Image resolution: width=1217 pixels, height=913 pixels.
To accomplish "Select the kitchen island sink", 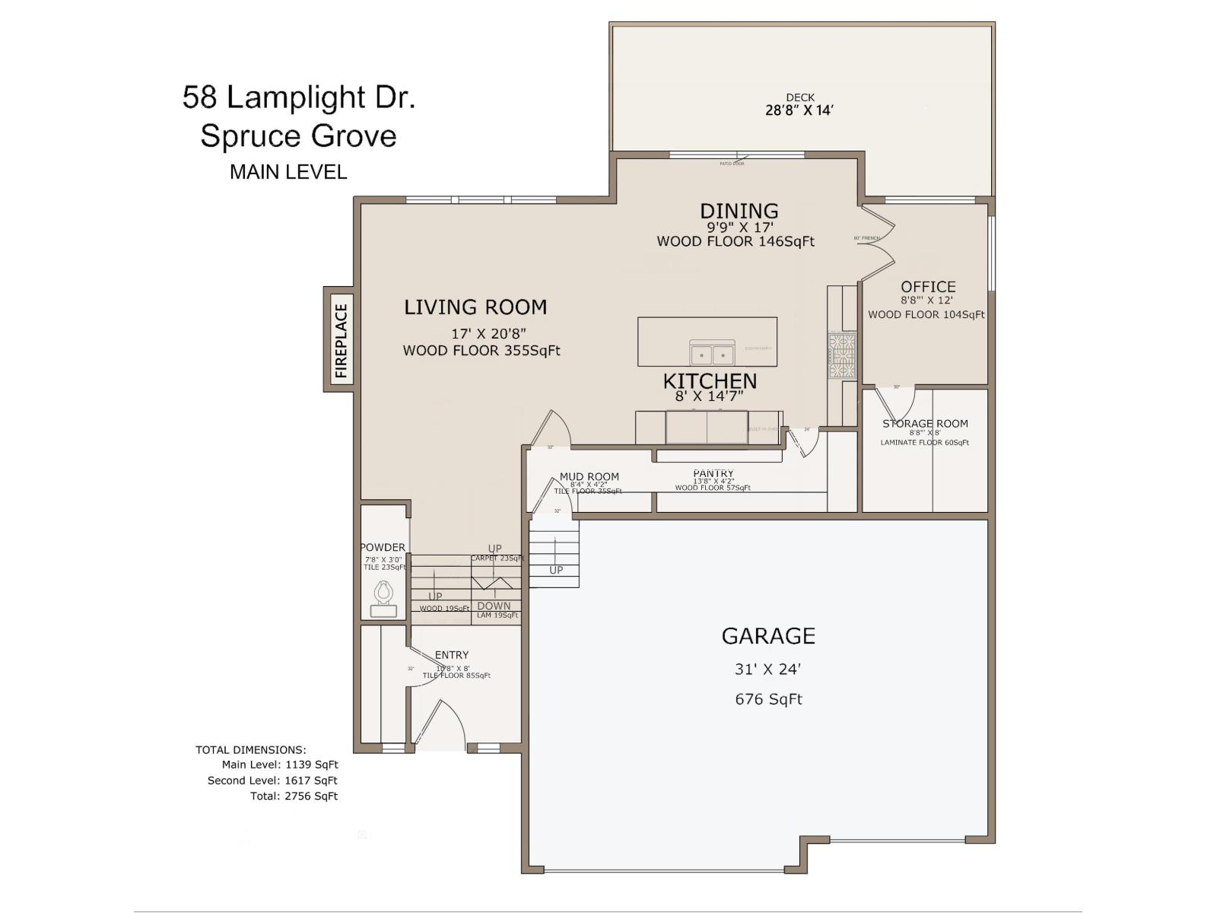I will point(712,354).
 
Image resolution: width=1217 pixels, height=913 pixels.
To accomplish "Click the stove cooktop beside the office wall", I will point(842,355).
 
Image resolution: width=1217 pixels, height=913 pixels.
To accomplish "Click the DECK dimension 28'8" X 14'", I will point(799,110).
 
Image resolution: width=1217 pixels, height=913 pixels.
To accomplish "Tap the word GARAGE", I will point(767,635).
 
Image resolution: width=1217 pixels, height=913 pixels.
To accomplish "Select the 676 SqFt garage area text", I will point(767,699).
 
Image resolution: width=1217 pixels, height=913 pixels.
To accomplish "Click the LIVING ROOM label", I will point(475,307).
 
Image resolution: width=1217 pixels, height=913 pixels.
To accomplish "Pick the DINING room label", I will point(739,211).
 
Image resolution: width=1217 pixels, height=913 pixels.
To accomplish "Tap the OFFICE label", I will point(928,287).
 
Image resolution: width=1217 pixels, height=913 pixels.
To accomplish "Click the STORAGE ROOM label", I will point(925,424).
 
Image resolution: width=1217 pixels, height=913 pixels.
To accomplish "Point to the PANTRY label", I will point(713,473).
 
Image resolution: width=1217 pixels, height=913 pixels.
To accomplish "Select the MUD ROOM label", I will point(589,477).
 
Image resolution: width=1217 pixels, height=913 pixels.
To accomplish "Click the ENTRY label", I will point(451,655).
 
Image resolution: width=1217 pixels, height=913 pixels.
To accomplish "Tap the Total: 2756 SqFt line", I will point(294,796).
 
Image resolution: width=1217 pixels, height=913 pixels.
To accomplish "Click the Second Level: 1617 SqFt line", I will point(272,781).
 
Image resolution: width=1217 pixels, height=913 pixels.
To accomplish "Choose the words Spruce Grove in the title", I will point(298,136).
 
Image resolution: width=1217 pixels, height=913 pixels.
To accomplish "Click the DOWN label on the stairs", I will point(494,606).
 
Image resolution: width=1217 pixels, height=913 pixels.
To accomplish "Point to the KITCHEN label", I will point(709,380).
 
